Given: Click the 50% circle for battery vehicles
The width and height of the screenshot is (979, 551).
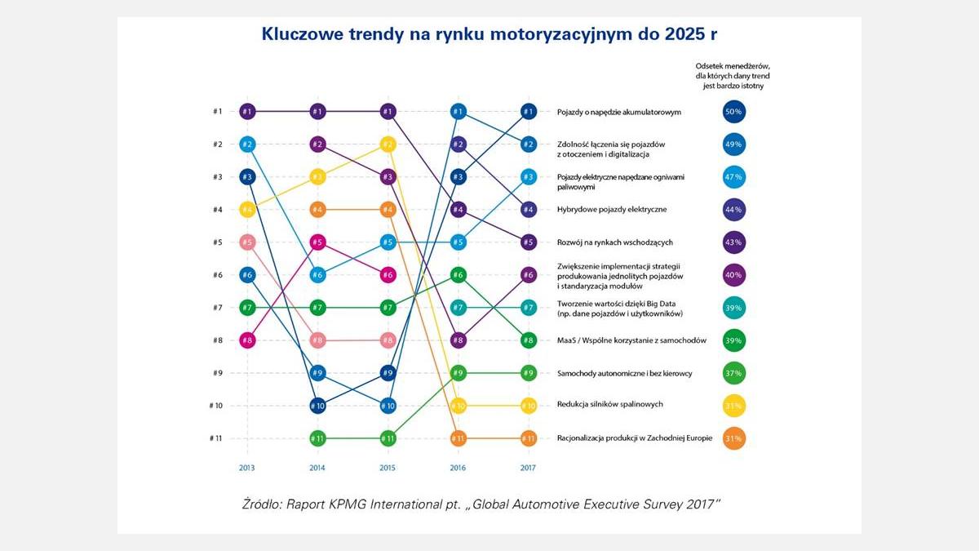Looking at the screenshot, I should (734, 112).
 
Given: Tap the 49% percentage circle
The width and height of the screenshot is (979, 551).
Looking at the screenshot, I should (734, 144).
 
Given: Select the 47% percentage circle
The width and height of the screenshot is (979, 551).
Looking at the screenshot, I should (734, 177).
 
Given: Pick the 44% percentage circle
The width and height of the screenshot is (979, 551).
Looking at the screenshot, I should (734, 210).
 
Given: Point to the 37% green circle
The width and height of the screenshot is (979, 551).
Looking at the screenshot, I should (734, 373).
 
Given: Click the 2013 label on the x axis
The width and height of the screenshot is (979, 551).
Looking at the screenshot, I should (247, 468).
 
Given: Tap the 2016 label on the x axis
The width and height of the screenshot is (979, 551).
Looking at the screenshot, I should (458, 468).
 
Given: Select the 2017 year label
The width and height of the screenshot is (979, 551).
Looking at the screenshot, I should (528, 468).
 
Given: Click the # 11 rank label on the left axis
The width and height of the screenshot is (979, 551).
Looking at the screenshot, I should (215, 438).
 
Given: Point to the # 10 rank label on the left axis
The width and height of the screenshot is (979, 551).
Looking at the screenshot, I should (215, 406).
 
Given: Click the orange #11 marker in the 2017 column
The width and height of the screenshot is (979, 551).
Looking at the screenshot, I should (528, 438).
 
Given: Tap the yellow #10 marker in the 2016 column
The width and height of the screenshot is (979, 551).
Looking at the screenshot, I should (458, 406).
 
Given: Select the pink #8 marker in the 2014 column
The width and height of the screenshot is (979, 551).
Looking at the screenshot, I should (317, 340).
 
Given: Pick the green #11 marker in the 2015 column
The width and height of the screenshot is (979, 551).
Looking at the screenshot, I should (388, 438).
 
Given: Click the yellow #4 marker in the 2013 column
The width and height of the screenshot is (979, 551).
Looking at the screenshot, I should (247, 210).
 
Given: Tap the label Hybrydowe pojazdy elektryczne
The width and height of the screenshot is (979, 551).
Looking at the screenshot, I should (611, 210).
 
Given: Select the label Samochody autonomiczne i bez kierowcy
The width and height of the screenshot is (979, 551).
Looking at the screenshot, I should (624, 373).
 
